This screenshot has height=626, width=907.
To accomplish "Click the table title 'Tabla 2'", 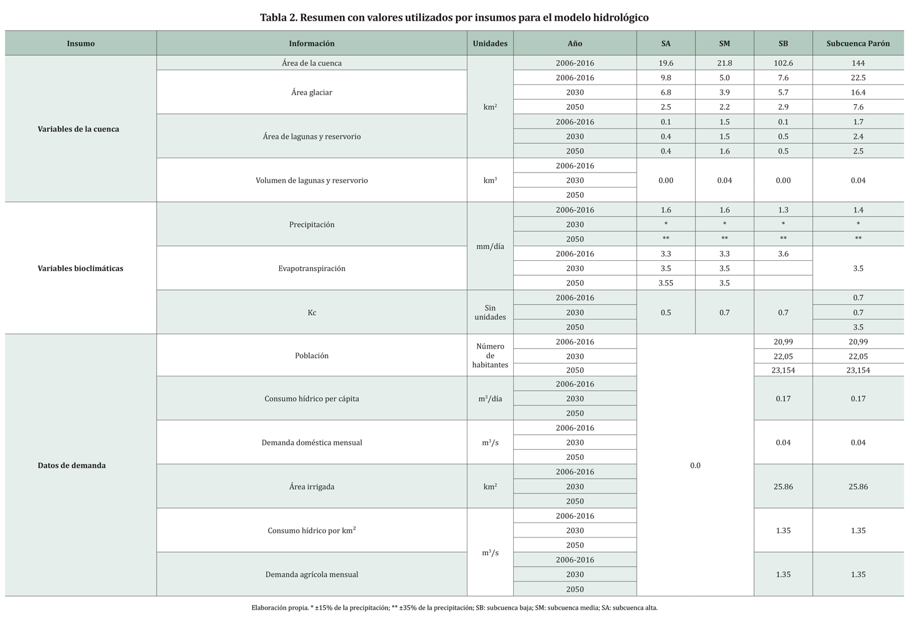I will click(453, 17).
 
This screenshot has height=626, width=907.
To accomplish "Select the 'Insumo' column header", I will click(80, 43).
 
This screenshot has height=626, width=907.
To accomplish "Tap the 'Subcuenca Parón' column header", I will click(857, 43).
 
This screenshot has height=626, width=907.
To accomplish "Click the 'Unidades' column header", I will click(490, 43).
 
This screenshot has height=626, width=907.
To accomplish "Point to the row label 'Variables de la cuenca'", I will click(78, 129).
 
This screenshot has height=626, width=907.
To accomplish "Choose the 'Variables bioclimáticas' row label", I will click(80, 268).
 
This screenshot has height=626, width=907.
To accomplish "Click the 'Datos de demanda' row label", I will click(72, 465).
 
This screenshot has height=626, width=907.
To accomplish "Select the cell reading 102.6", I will click(783, 63).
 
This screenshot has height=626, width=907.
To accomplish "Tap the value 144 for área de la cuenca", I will click(857, 63).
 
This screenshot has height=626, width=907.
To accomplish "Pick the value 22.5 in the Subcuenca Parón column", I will click(857, 78).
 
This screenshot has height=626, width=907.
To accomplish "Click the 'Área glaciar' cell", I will click(311, 92).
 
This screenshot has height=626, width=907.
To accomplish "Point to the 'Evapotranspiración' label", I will click(311, 268).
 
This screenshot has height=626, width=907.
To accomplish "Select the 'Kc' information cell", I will click(311, 312).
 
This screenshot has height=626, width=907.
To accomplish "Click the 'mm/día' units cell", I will click(490, 247).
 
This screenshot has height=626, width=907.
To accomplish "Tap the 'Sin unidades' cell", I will click(490, 312).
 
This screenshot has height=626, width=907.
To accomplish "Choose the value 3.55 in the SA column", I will click(666, 283).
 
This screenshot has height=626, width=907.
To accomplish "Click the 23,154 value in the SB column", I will click(783, 370).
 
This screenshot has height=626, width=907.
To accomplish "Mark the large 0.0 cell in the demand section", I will click(695, 465).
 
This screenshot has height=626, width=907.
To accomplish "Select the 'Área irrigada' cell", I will click(311, 486).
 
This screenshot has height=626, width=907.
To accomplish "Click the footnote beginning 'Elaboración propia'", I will click(454, 607).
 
